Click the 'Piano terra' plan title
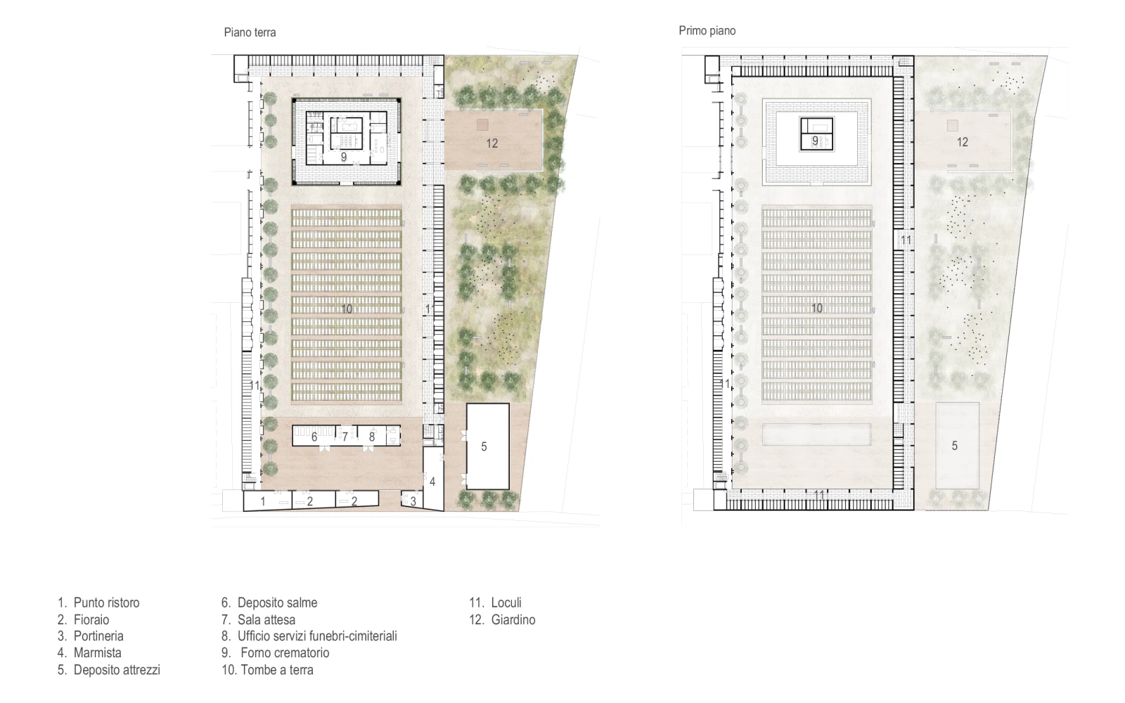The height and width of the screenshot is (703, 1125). pos(250,32)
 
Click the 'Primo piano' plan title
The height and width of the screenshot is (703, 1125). pos(707,31)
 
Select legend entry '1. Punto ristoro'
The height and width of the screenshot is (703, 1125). pos(98,602)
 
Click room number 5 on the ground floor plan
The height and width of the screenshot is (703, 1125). pos(484,446)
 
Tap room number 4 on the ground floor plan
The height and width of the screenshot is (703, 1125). pos(432,482)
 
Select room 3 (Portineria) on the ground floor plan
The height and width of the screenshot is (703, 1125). pos(413,501)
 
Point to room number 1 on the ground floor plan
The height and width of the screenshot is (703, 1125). pos(263,501)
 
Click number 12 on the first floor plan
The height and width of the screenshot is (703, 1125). pos(963,142)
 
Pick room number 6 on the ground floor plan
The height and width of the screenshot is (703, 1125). pos(314,437)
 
